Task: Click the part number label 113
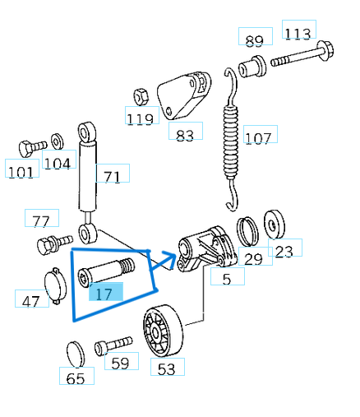click(x=298, y=33)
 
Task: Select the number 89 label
click(x=254, y=39)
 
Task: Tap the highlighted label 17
click(x=104, y=293)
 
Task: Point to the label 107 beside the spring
click(x=257, y=137)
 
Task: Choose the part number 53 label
click(x=166, y=368)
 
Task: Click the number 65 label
click(x=76, y=378)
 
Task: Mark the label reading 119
click(x=140, y=118)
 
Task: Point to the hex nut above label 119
click(x=140, y=95)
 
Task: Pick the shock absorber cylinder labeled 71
click(x=86, y=174)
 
